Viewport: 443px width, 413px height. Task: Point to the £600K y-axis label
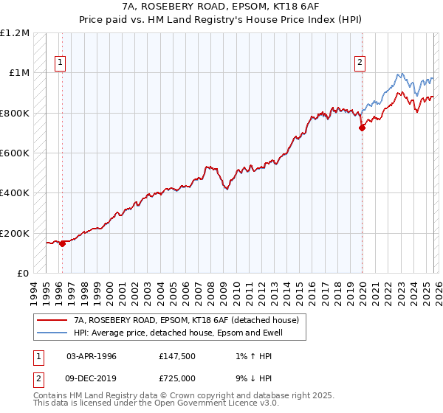(x=15, y=153)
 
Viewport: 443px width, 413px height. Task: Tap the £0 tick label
(x=22, y=274)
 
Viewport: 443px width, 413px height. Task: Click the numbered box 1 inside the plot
(x=60, y=63)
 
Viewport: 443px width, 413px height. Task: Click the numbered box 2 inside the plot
(x=360, y=63)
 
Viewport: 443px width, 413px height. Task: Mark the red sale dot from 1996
(x=62, y=244)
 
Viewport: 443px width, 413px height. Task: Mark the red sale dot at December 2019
(x=362, y=128)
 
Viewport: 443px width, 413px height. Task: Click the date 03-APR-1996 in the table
(x=92, y=356)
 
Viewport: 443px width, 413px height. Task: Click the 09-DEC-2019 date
(x=92, y=378)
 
